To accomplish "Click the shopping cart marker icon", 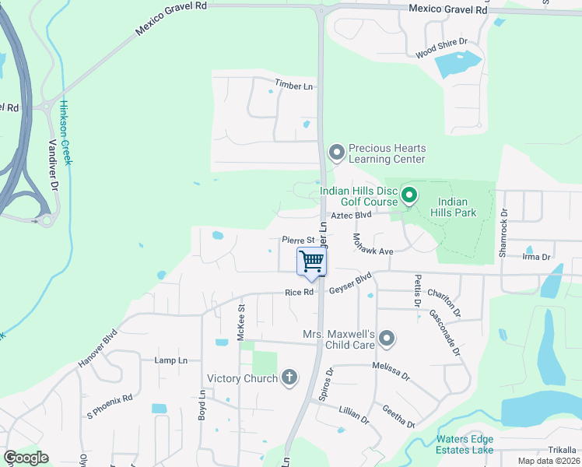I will click(x=311, y=261).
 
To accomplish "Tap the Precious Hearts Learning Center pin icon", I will click(x=337, y=153).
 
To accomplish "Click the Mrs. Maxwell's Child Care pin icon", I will click(x=387, y=339).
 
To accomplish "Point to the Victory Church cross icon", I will click(x=289, y=378).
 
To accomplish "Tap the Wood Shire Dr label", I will click(x=440, y=48).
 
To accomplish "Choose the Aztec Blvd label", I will click(x=352, y=215).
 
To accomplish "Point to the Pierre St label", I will click(x=297, y=241).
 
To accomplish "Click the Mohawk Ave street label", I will click(x=373, y=244).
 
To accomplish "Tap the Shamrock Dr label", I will click(x=503, y=232).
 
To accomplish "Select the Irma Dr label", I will click(x=536, y=256).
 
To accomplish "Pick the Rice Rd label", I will click(x=299, y=293).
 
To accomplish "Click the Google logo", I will click(x=26, y=458).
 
